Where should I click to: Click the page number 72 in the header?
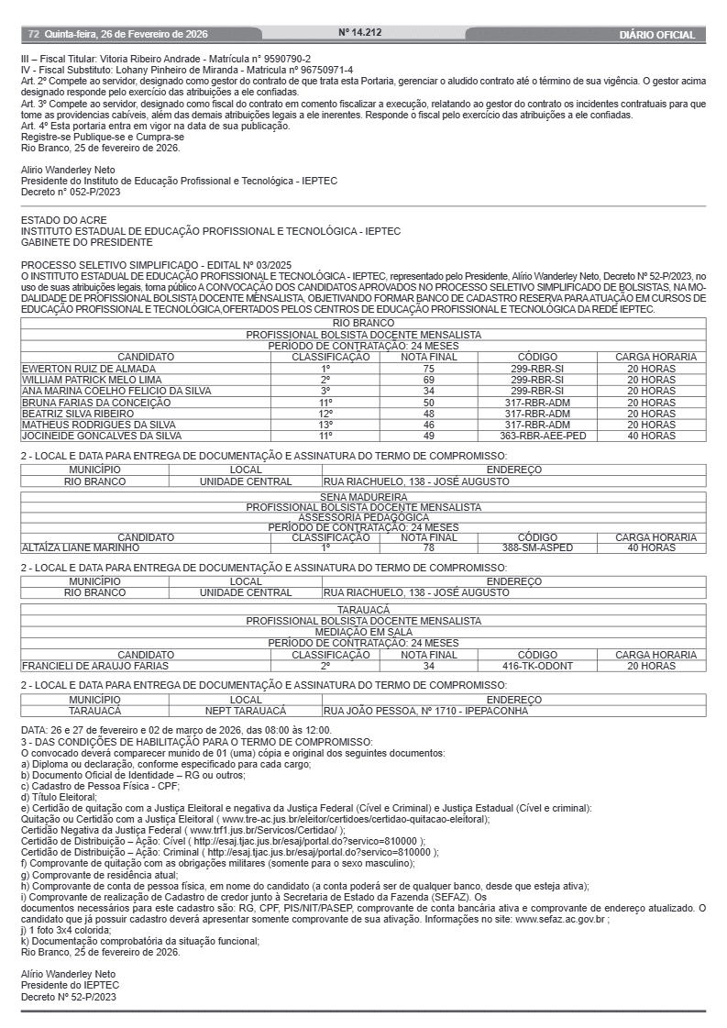[x=33, y=35]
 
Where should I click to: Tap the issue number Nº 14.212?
[x=359, y=32]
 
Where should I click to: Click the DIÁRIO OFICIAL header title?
[x=656, y=35]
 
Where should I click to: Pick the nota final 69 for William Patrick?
[x=428, y=380]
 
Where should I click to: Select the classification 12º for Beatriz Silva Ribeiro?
[x=325, y=414]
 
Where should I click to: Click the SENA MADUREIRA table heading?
[x=364, y=497]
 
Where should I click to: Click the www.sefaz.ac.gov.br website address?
[x=561, y=918]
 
